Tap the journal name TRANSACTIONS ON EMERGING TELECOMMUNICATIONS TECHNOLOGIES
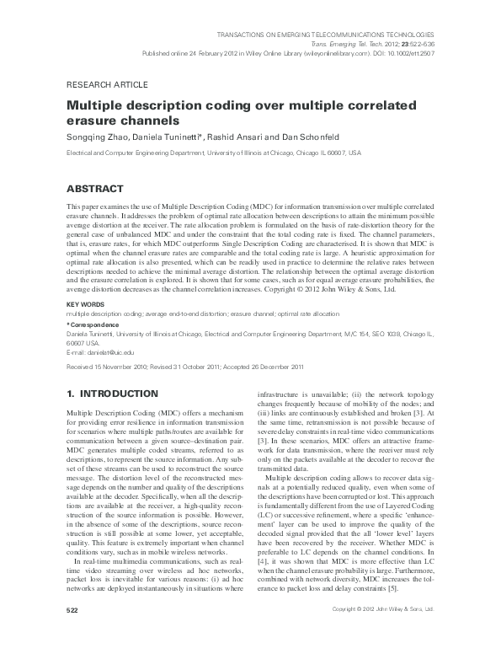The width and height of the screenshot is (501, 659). pyautogui.click(x=329, y=34)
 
